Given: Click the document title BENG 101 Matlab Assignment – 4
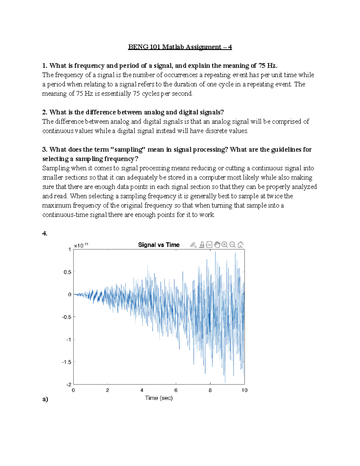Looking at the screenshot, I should coord(180,47).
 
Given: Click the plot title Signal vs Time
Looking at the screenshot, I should coord(159,245).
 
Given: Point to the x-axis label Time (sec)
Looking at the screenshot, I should coord(159,398).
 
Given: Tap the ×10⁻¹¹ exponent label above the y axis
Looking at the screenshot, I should coord(81,245).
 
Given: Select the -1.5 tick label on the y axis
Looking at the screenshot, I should coord(67,362).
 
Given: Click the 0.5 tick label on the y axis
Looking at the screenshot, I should coord(67,272).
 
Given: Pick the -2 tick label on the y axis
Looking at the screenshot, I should coord(69,385).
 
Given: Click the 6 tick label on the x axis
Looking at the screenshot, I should coord(176,390).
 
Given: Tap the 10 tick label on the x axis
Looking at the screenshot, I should coord(244,390).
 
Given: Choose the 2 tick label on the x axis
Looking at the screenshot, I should coord(107,390).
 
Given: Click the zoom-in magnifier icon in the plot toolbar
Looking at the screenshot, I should coord(224,245).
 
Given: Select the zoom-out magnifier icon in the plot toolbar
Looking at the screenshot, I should coord(232,245).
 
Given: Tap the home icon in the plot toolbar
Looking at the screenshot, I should coord(240,245).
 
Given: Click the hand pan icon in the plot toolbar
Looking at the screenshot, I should coord(217,245).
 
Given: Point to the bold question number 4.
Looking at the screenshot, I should coord(45,233).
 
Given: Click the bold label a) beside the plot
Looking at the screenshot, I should coord(45,399).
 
